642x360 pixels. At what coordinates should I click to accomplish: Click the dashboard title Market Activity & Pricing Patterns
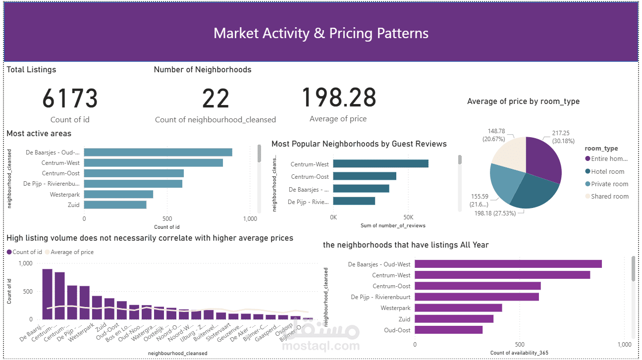pyautogui.click(x=321, y=33)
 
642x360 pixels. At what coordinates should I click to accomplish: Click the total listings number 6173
pyautogui.click(x=70, y=98)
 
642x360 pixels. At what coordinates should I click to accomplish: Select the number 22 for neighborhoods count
pyautogui.click(x=215, y=98)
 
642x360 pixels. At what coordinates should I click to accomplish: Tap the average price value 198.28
pyautogui.click(x=338, y=97)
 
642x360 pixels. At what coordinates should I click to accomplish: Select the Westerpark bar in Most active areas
pyautogui.click(x=118, y=194)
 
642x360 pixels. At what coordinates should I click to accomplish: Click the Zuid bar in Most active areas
pyautogui.click(x=115, y=205)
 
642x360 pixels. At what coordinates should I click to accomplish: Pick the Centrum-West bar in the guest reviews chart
pyautogui.click(x=380, y=164)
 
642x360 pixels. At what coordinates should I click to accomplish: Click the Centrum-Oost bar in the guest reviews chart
pyautogui.click(x=365, y=176)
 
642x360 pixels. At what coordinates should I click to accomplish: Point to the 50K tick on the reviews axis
pyautogui.click(x=408, y=217)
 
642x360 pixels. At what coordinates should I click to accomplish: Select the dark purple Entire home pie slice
pyautogui.click(x=542, y=158)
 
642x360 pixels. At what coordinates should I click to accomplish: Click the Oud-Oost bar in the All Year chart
pyautogui.click(x=448, y=330)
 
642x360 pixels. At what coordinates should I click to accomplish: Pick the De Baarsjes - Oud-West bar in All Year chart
pyautogui.click(x=508, y=264)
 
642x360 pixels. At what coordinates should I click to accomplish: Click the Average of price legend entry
pyautogui.click(x=72, y=252)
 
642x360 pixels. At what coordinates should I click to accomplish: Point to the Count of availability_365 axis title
pyautogui.click(x=519, y=353)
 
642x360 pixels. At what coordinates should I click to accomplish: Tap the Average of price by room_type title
pyautogui.click(x=523, y=101)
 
